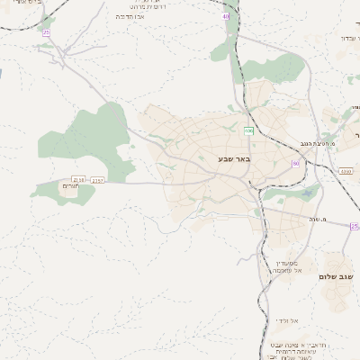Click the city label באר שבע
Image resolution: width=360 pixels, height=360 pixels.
click(x=233, y=158)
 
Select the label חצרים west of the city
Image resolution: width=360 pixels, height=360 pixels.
click(x=68, y=185)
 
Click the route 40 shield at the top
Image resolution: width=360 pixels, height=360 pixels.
click(x=225, y=16)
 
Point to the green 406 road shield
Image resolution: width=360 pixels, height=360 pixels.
click(x=247, y=131)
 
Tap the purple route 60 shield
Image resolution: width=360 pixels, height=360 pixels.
click(x=294, y=163)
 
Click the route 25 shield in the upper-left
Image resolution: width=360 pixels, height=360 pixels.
click(x=46, y=32)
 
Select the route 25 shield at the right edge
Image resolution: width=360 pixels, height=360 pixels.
click(x=355, y=227)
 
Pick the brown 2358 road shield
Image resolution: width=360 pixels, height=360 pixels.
click(x=78, y=180)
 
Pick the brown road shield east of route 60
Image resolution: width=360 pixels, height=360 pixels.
click(x=346, y=170)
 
